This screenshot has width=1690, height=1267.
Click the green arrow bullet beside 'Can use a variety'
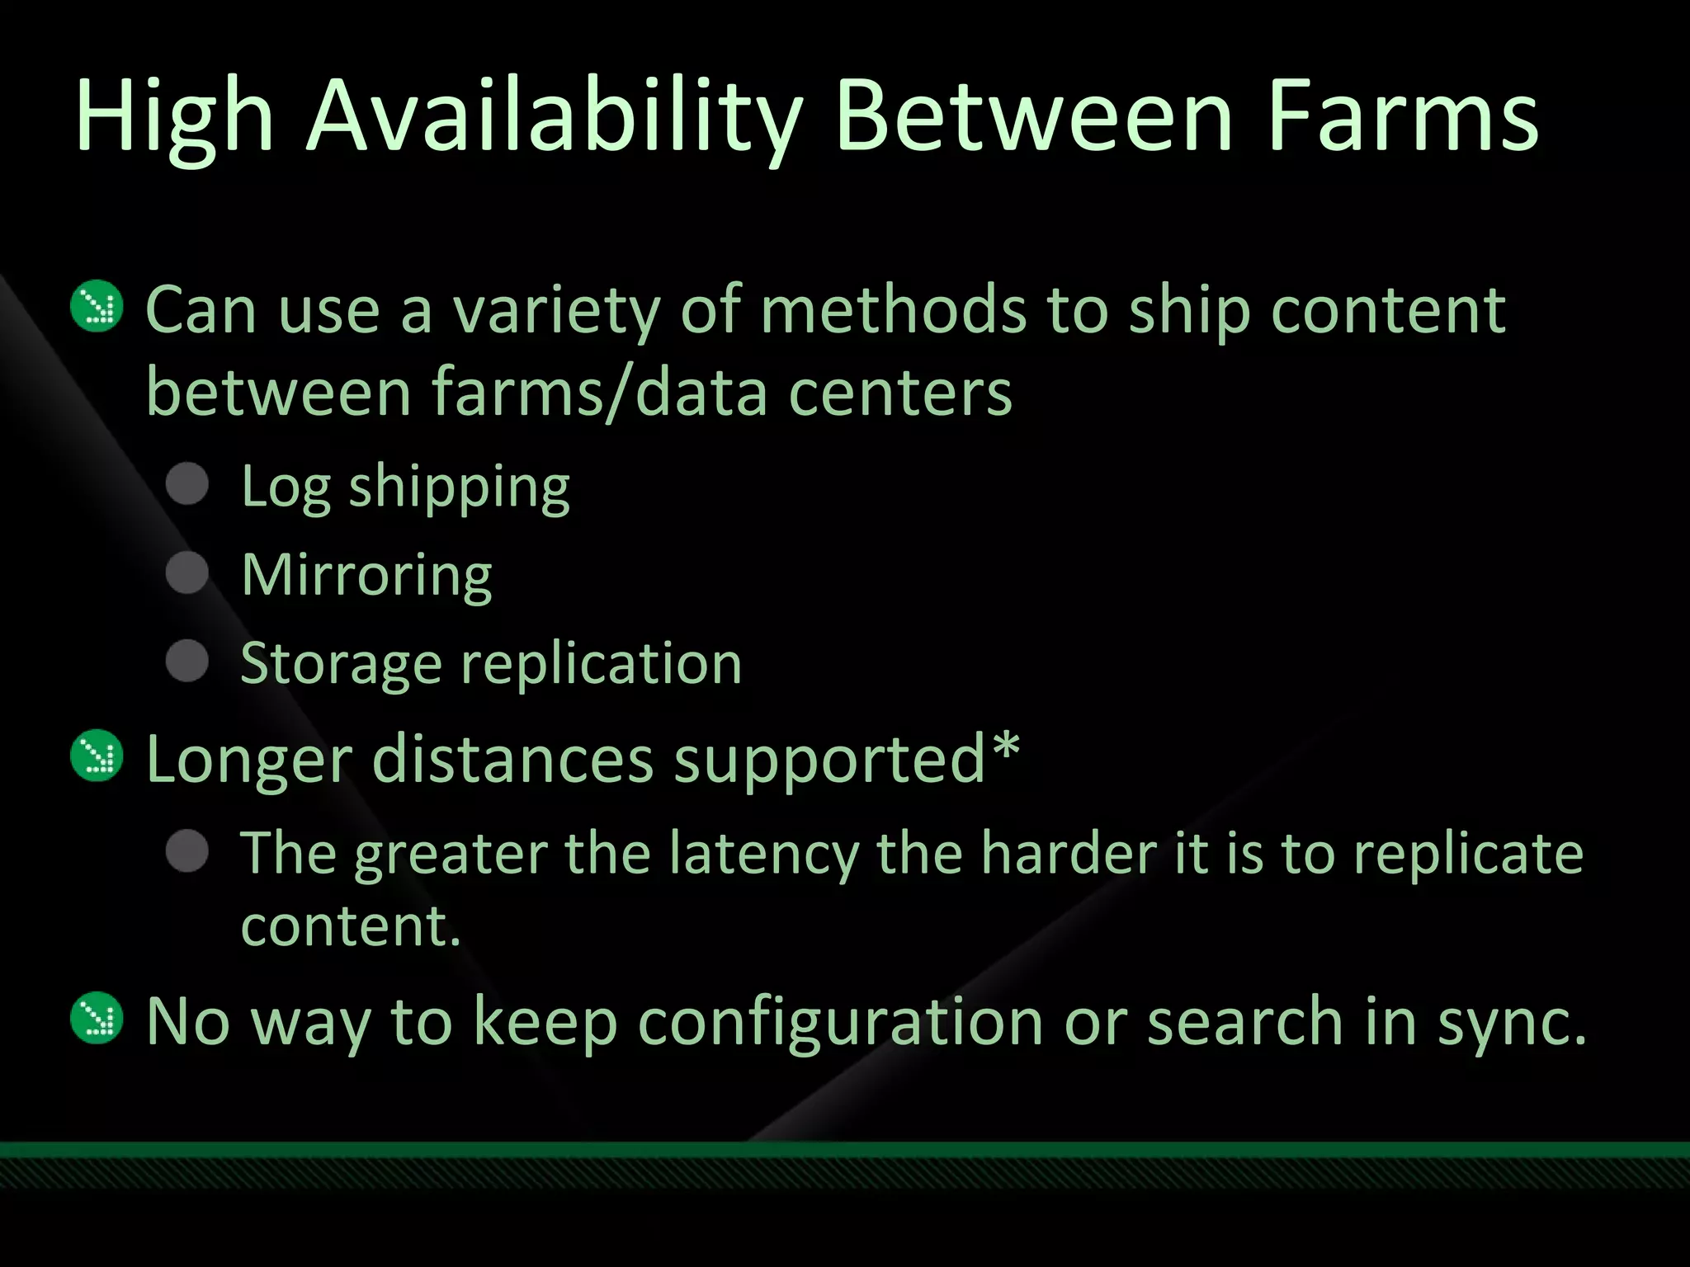[x=97, y=307]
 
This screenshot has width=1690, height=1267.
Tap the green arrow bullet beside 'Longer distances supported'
[x=97, y=756]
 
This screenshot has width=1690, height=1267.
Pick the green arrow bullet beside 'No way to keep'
[x=97, y=1018]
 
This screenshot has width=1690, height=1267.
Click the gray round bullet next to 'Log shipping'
[x=188, y=484]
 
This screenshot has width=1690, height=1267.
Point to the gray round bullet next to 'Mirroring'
[x=188, y=572]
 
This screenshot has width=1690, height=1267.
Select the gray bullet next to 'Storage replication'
[x=188, y=661]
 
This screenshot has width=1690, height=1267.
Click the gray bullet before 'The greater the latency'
[x=188, y=851]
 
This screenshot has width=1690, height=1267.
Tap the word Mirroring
[x=366, y=575]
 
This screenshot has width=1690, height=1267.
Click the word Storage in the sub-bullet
[x=341, y=664]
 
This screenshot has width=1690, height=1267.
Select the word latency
[x=763, y=853]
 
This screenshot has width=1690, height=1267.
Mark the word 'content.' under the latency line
[x=350, y=926]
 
